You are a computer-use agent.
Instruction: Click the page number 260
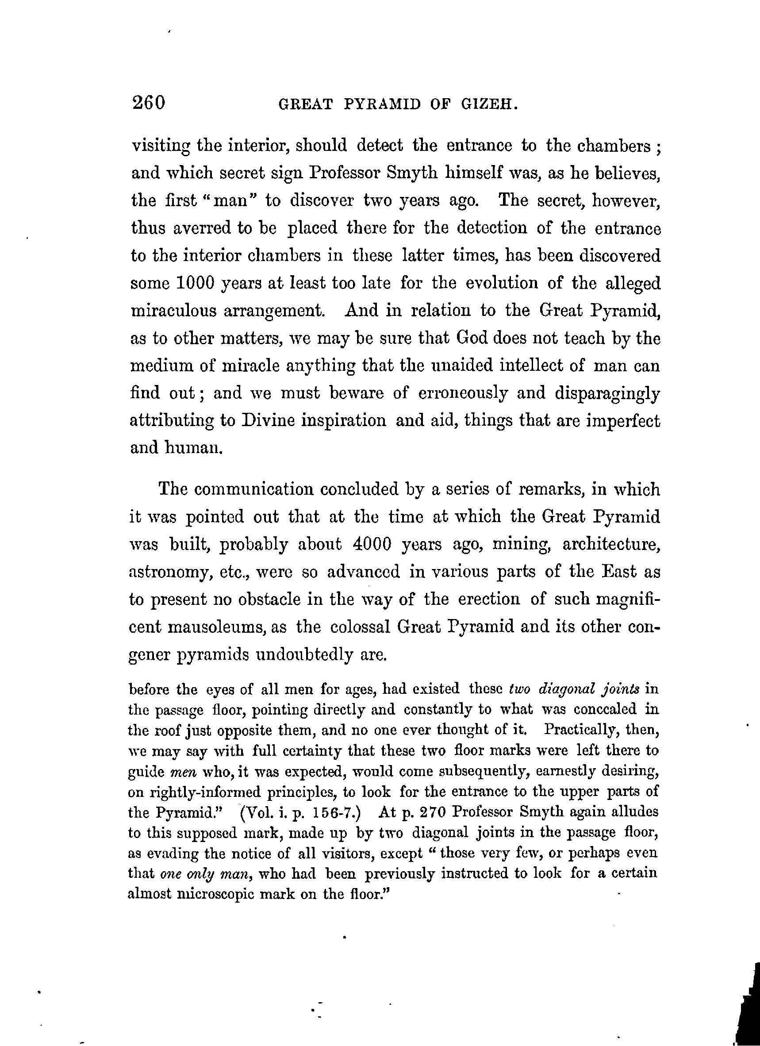[149, 102]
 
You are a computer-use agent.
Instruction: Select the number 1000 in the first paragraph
[196, 283]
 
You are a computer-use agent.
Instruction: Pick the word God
[470, 338]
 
